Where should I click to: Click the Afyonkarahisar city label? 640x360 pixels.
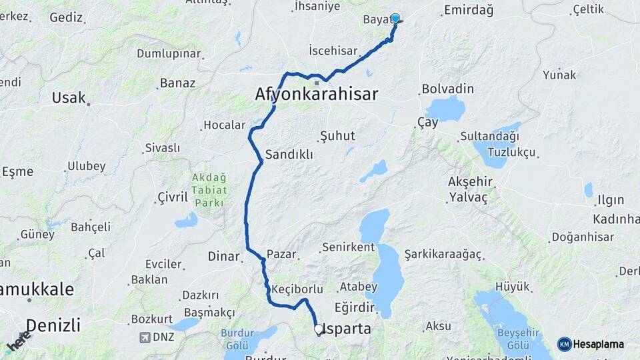(x=316, y=94)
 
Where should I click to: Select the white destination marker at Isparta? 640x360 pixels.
(x=319, y=329)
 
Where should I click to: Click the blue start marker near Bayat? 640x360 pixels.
(x=395, y=19)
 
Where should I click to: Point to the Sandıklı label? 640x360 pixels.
(x=289, y=155)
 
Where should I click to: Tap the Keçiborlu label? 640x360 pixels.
(x=298, y=289)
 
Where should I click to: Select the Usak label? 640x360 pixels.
(x=69, y=98)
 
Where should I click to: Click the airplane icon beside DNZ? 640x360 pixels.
(x=145, y=337)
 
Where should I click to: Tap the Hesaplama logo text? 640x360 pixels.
(x=599, y=344)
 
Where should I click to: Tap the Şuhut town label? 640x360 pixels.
(x=337, y=135)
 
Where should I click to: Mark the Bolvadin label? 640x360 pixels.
(x=447, y=89)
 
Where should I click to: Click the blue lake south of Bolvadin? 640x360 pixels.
(x=445, y=108)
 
